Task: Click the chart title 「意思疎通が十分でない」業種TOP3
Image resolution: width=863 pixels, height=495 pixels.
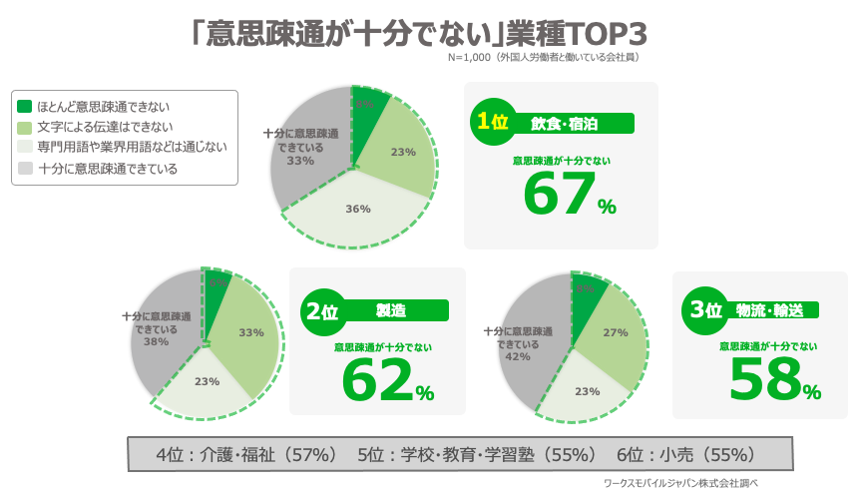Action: [419, 33]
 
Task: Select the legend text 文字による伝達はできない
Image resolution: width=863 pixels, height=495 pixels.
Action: [105, 127]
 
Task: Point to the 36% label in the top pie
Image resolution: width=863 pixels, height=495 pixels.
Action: [358, 209]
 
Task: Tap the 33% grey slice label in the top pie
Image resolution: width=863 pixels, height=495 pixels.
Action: [300, 160]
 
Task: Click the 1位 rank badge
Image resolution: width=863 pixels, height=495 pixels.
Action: [491, 122]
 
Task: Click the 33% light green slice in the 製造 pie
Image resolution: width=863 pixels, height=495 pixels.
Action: [250, 332]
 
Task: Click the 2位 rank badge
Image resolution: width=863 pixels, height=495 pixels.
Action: [320, 311]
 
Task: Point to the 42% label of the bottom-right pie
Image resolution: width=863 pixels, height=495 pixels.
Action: [517, 356]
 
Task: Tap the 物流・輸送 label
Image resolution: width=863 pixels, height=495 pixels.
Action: [769, 310]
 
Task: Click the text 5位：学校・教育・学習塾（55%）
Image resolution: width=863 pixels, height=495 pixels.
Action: [477, 455]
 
